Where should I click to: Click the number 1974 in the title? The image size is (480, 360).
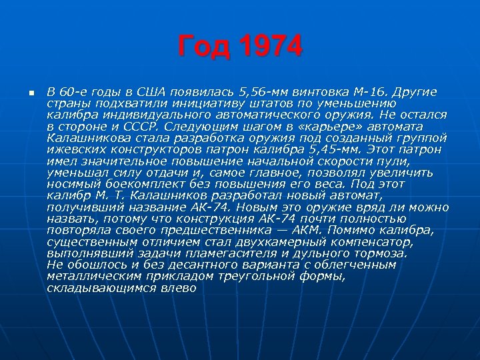click(270, 47)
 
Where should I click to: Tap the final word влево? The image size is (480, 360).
click(177, 287)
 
